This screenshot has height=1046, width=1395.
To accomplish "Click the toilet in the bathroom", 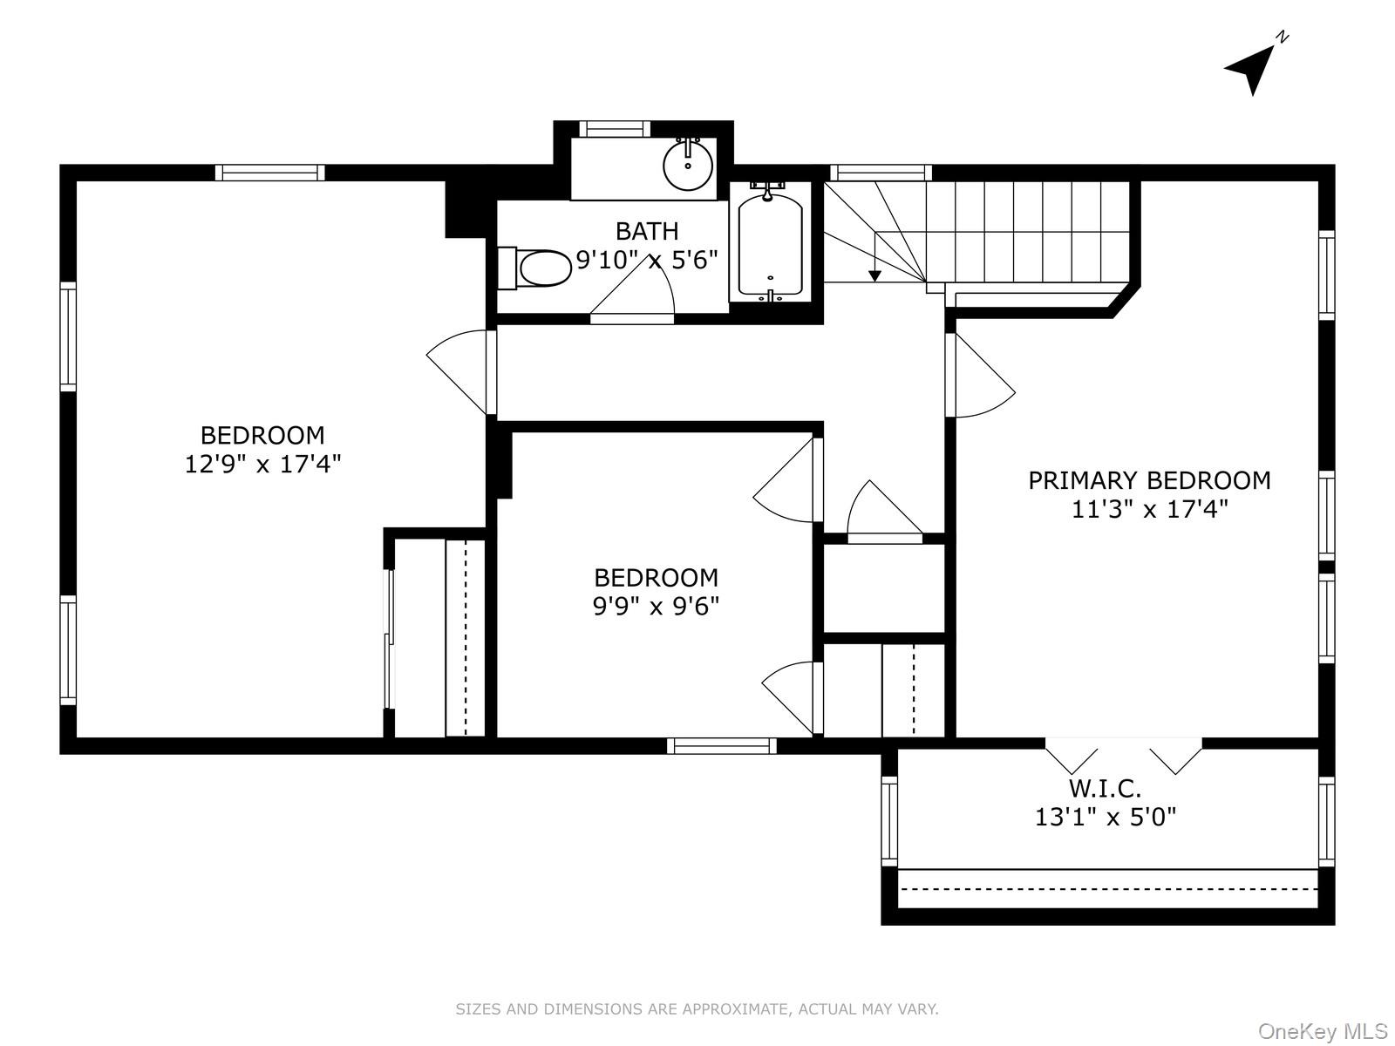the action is [x=535, y=268].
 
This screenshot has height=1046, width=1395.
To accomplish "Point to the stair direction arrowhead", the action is [x=875, y=275].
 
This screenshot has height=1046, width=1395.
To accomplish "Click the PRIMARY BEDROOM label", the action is [x=1149, y=481].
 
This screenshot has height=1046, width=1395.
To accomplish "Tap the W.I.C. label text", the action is [x=1106, y=788].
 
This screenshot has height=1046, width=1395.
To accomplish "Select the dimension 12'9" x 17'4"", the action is [x=262, y=465].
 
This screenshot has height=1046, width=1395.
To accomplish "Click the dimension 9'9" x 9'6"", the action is [x=656, y=607].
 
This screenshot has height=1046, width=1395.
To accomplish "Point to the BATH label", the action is [x=647, y=231].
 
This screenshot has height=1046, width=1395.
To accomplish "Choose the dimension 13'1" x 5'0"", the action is [x=1106, y=817].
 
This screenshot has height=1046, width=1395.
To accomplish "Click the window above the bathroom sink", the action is [x=615, y=129].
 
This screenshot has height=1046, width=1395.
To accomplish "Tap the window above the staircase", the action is [x=881, y=173].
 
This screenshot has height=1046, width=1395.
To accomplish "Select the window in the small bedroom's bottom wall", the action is [x=721, y=745].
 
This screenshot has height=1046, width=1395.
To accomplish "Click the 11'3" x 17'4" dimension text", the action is [x=1150, y=509].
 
